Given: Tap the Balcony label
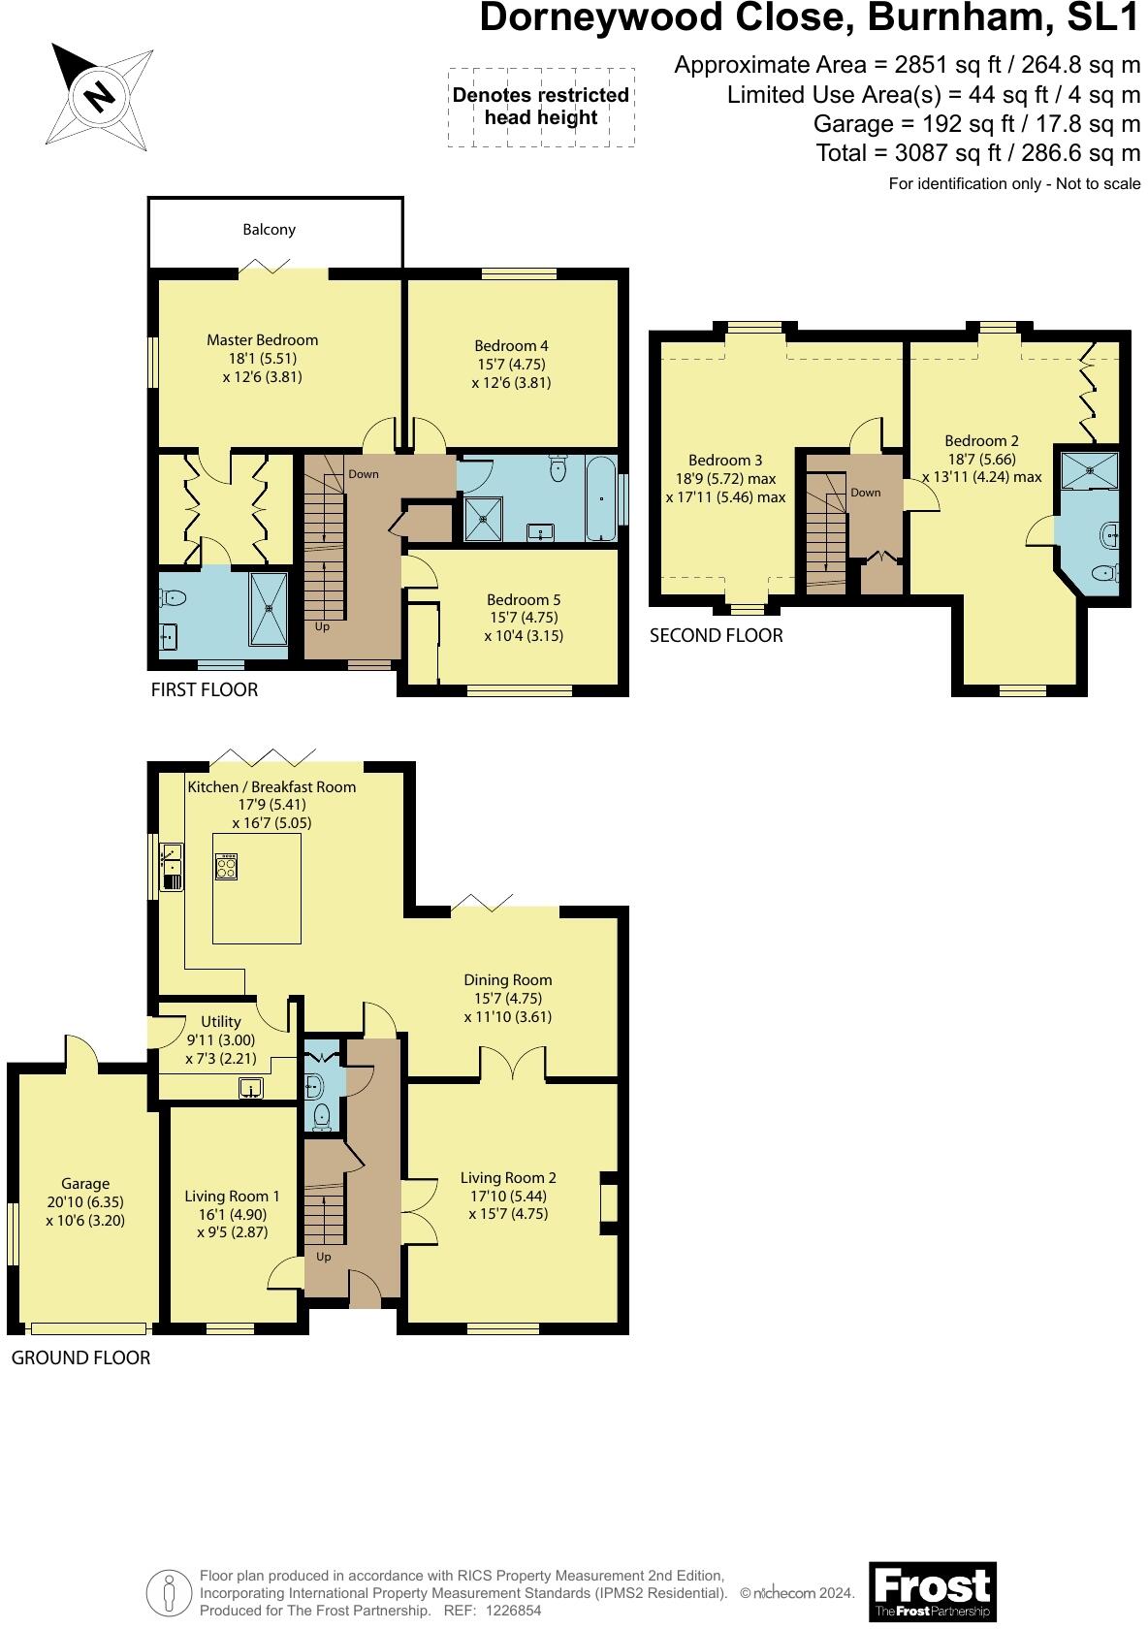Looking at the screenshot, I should click(269, 230).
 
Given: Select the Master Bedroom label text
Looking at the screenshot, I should click(262, 340).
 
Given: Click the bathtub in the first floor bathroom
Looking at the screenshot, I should click(601, 497).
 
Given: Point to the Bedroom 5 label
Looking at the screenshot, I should click(524, 600).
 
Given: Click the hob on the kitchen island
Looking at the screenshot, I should click(226, 865).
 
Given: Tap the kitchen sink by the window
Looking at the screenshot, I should click(172, 867).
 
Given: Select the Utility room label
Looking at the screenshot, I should click(221, 1021).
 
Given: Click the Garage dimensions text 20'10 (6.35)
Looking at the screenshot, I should click(85, 1202).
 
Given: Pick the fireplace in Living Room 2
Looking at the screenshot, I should click(609, 1203).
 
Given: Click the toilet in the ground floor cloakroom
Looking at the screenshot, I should click(321, 1118).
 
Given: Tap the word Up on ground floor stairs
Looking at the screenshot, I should click(324, 1257).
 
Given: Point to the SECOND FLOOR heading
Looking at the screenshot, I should click(716, 635).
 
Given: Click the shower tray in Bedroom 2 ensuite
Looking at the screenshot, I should click(1089, 470).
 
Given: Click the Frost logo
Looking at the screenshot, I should click(932, 1590).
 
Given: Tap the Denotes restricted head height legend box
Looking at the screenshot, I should click(541, 107).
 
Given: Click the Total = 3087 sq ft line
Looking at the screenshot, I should click(977, 153).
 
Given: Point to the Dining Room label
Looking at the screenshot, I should click(507, 980).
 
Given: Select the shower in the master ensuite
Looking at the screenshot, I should click(270, 608).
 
